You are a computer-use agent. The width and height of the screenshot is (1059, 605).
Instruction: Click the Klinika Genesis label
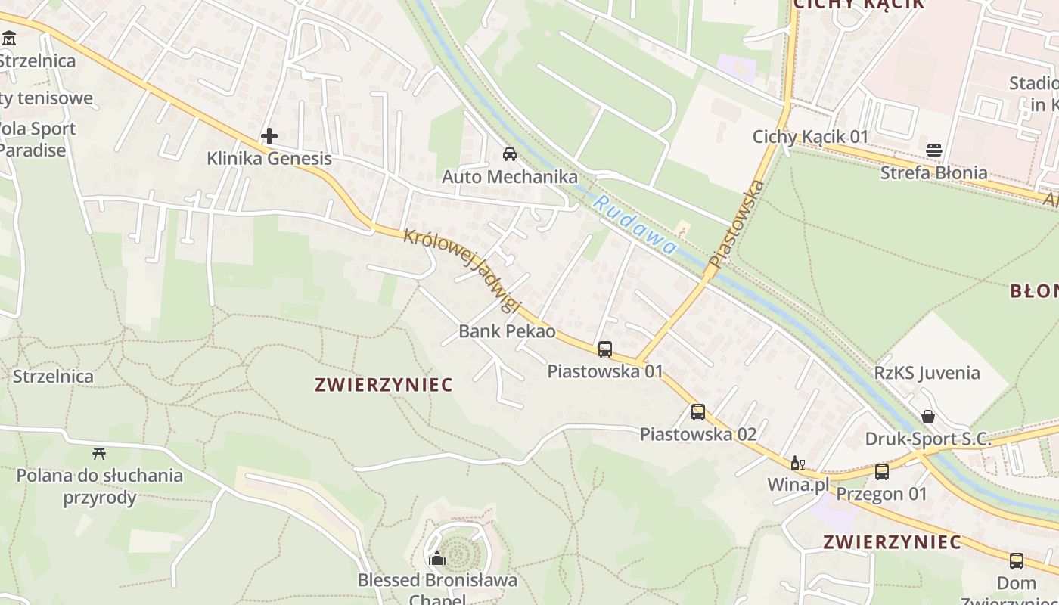point(269,159)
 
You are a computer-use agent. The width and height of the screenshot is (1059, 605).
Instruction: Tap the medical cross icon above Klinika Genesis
point(269,136)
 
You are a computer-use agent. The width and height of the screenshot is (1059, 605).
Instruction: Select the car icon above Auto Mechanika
point(510,154)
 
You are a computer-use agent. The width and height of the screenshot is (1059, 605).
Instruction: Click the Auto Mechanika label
point(510,177)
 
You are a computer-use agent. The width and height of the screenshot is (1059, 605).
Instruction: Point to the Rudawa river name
point(634,225)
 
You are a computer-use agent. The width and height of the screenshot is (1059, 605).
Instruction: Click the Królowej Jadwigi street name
point(463,270)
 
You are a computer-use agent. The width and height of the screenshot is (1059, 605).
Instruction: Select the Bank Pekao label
point(507,331)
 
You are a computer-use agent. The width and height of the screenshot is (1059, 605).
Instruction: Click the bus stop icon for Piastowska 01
point(605,349)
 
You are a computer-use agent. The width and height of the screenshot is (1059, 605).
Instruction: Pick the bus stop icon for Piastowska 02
point(698,412)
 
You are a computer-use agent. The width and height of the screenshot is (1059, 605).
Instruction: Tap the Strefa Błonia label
point(933,172)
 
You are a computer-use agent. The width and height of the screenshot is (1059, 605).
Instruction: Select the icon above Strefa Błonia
point(934,150)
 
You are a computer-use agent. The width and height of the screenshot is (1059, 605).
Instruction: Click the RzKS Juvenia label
point(927,373)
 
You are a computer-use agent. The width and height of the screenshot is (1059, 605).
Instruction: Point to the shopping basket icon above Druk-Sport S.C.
point(928,417)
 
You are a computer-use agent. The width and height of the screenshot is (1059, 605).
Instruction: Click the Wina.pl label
point(798,484)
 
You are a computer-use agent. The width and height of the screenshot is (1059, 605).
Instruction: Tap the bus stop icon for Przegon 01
point(882,472)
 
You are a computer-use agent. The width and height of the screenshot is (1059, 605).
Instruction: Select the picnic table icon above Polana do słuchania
point(99,454)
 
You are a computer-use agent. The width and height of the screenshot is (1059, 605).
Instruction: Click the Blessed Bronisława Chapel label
point(437,581)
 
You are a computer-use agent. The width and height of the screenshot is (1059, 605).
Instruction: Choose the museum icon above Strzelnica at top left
point(9,38)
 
